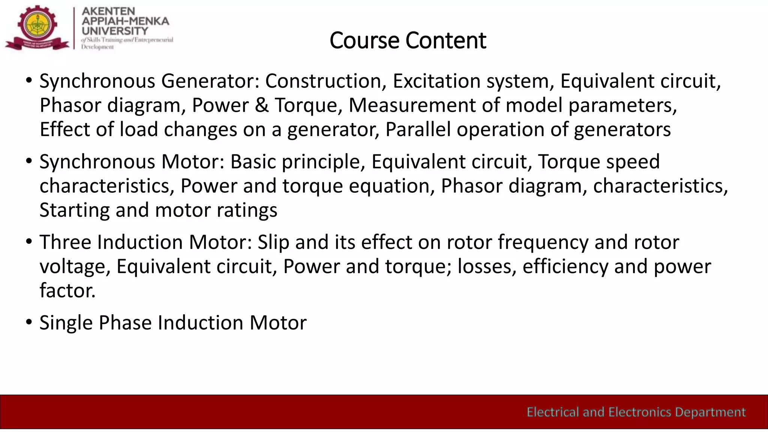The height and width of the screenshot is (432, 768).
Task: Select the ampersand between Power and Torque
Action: click(x=262, y=105)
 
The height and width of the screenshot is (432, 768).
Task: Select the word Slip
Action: click(x=273, y=242)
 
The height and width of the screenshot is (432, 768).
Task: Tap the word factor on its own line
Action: click(x=67, y=291)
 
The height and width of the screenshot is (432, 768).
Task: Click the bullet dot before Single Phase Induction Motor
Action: click(x=29, y=322)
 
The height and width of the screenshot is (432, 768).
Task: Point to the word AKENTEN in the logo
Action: click(x=108, y=11)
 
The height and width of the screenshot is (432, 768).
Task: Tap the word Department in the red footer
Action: click(x=710, y=412)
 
